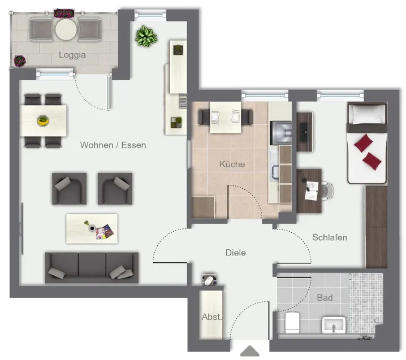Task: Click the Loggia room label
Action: tap(72, 55)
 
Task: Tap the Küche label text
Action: tap(232, 164)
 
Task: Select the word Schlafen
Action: tap(330, 237)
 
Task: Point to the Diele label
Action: tap(236, 252)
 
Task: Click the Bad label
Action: tap(325, 298)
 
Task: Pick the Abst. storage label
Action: tap(211, 317)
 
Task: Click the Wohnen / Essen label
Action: tap(113, 145)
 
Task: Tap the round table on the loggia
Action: tap(66, 29)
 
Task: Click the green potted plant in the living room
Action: tap(146, 36)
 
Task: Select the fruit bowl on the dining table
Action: tap(43, 120)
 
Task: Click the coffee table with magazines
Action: tap(92, 228)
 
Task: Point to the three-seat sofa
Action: tap(92, 268)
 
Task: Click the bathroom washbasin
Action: tap(334, 325)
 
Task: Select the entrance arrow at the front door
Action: tap(249, 351)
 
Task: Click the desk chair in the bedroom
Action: tap(327, 191)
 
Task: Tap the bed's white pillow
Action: tap(367, 114)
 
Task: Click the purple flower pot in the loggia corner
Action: tap(20, 61)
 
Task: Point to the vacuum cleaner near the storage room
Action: tap(209, 279)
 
